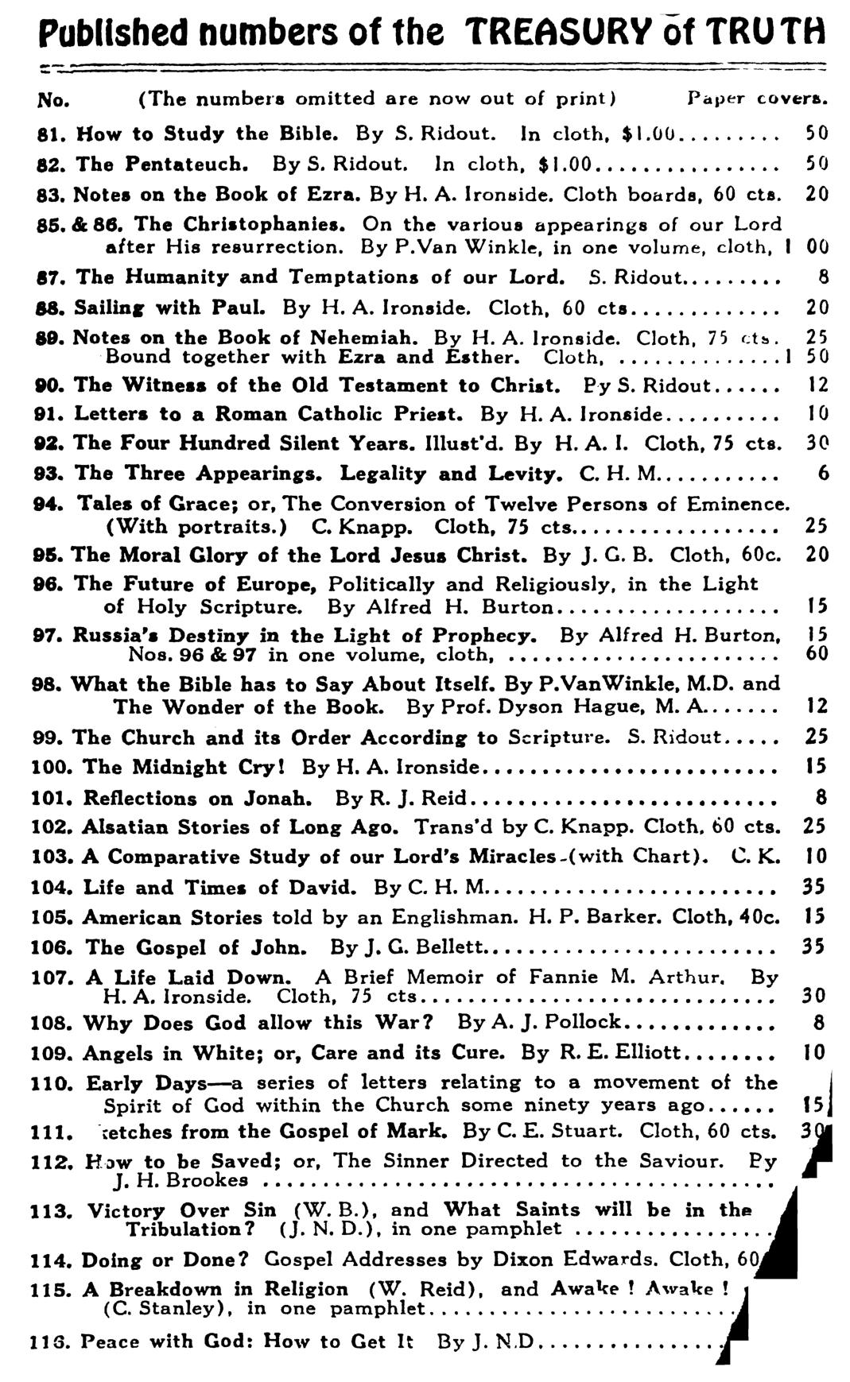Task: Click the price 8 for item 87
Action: pyautogui.click(x=823, y=277)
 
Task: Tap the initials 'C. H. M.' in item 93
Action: pyautogui.click(x=620, y=474)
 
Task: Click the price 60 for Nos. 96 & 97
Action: pyautogui.click(x=817, y=653)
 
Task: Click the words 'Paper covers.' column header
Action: pyautogui.click(x=757, y=99)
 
